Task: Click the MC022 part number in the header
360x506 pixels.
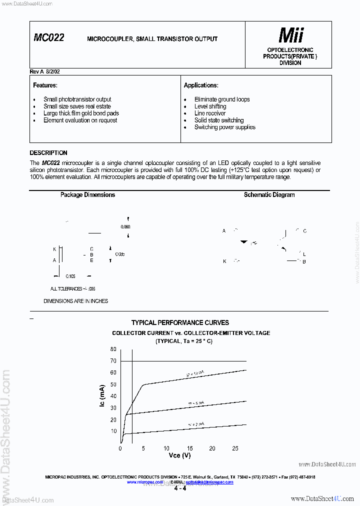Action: point(48,37)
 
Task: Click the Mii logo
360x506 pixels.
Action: point(290,35)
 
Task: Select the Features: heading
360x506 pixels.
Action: point(45,85)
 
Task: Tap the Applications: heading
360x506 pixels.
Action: point(201,85)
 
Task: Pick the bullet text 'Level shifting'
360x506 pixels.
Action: point(210,106)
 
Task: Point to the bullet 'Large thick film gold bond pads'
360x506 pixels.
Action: point(81,113)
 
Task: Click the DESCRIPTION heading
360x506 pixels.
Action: point(48,153)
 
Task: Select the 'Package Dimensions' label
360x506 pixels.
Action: point(87,195)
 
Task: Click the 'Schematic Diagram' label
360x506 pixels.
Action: point(269,195)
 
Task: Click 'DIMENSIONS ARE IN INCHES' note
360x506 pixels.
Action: point(75,301)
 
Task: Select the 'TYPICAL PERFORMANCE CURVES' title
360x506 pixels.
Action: point(180,323)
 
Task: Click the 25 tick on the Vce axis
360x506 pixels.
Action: point(235,448)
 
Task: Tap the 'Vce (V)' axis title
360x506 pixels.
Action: point(179,455)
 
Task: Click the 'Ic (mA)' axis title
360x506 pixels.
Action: point(102,396)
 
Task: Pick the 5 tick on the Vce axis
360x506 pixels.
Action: point(143,448)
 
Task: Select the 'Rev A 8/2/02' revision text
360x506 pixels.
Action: point(45,71)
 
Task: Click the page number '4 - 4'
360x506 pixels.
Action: point(180,488)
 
